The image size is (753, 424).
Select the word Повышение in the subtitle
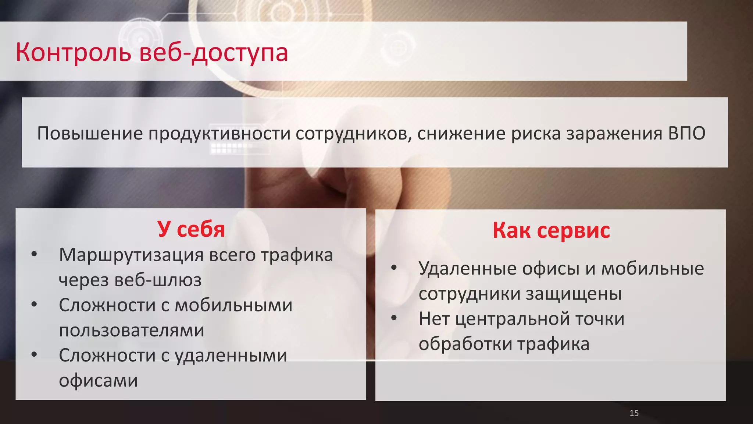[x=90, y=133]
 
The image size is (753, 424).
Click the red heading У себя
[x=191, y=229]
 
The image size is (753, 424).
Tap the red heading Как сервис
[x=551, y=231]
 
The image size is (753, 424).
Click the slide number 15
[x=634, y=413]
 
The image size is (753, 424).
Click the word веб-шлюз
[x=158, y=280]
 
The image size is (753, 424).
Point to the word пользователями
[x=132, y=331]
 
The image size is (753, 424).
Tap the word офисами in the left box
[x=98, y=381]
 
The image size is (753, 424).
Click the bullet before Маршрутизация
[x=34, y=254]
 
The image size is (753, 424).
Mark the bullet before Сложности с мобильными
[x=34, y=304]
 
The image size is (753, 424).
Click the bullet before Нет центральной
[x=394, y=318]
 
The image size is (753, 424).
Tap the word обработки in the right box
[x=465, y=344]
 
